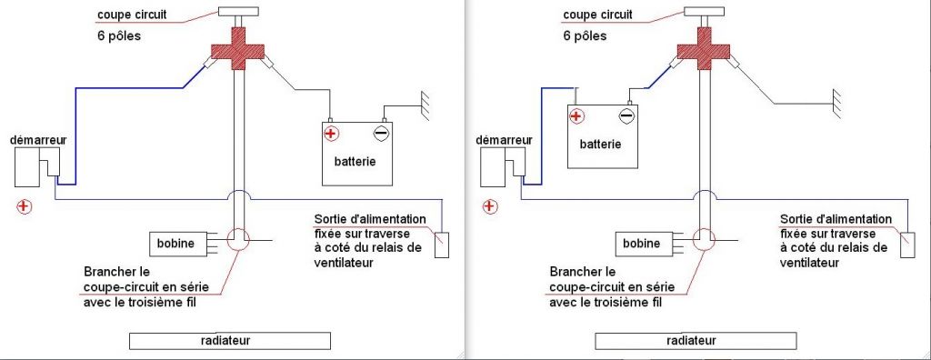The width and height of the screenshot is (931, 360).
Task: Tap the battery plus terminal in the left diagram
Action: coord(331,133)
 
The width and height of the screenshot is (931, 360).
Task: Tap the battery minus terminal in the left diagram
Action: coord(382,132)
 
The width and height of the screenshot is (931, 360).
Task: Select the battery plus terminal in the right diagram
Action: coord(576,115)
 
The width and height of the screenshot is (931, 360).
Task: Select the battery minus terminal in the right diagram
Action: coord(626,115)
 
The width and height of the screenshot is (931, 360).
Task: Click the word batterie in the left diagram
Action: coord(355,161)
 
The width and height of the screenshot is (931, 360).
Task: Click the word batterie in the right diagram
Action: coord(601,144)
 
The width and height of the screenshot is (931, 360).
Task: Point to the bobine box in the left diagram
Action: coord(177,244)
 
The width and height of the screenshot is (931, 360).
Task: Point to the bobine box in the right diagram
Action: coord(643,244)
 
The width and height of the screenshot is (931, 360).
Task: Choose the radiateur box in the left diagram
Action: coord(230,341)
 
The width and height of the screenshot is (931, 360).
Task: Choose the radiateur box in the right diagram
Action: coord(696,341)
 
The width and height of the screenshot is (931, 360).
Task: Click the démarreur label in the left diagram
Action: coord(38,140)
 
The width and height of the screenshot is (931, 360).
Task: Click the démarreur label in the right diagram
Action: coord(504,140)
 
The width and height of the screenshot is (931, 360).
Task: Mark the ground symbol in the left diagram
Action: coord(424,105)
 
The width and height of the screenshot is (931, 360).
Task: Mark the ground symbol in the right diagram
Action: coord(836,105)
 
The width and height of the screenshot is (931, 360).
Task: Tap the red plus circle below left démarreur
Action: coord(24,206)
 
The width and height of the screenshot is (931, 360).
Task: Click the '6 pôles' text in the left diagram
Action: coord(119,35)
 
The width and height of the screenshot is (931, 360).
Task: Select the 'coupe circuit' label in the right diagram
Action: coord(598,15)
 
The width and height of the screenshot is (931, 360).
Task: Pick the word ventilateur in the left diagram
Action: coord(343,262)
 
